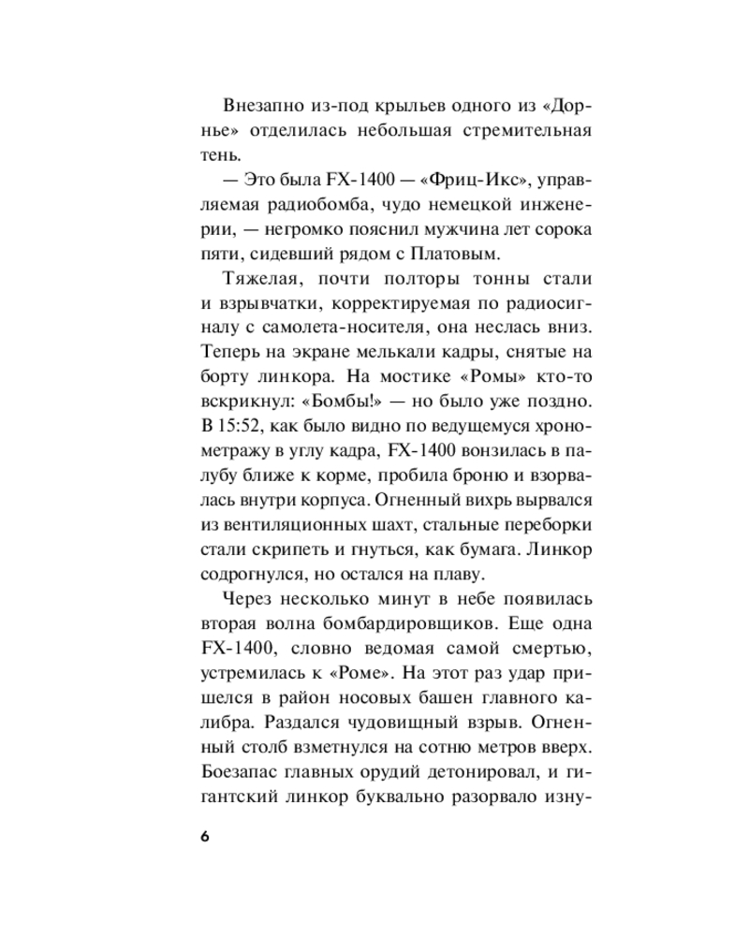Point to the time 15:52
coord(242,425)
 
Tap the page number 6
coord(205,835)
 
